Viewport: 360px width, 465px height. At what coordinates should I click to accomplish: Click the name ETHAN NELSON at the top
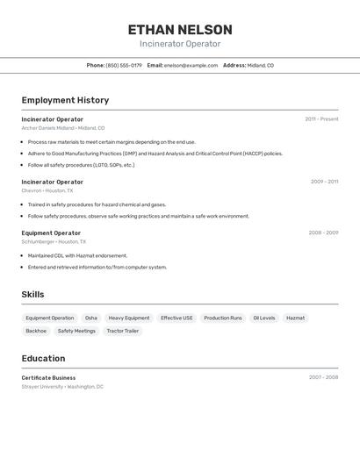pos(180,30)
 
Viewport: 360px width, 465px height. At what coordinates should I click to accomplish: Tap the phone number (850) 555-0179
pos(124,65)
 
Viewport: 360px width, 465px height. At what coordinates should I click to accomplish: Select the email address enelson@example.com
pos(191,65)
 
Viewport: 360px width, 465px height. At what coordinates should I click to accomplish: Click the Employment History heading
pos(65,100)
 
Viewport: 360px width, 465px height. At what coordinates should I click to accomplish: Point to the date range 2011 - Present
pos(321,119)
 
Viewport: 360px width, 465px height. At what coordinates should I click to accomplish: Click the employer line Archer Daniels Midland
pos(63,128)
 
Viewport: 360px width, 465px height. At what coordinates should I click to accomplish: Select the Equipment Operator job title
pos(51,232)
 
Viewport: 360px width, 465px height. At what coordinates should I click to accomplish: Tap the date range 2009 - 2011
pos(324,182)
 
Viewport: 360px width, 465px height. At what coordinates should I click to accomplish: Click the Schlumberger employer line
pos(54,241)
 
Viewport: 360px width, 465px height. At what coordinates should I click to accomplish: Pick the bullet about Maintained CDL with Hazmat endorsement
pos(77,255)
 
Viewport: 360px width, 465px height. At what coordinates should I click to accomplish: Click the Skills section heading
pos(32,295)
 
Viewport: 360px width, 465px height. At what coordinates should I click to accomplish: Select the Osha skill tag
pos(91,318)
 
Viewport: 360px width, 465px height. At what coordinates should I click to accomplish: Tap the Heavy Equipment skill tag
pos(129,318)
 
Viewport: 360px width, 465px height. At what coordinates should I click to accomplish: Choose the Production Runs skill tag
pos(223,318)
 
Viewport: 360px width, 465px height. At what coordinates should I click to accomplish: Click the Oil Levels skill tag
pos(264,318)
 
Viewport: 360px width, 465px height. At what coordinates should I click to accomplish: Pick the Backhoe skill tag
pos(36,331)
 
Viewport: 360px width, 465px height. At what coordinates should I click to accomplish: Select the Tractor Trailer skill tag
pos(123,331)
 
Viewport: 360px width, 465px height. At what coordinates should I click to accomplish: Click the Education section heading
pos(43,358)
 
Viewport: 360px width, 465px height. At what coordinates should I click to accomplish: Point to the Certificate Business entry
pos(48,377)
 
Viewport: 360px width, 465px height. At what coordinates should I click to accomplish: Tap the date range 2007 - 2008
pos(323,377)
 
